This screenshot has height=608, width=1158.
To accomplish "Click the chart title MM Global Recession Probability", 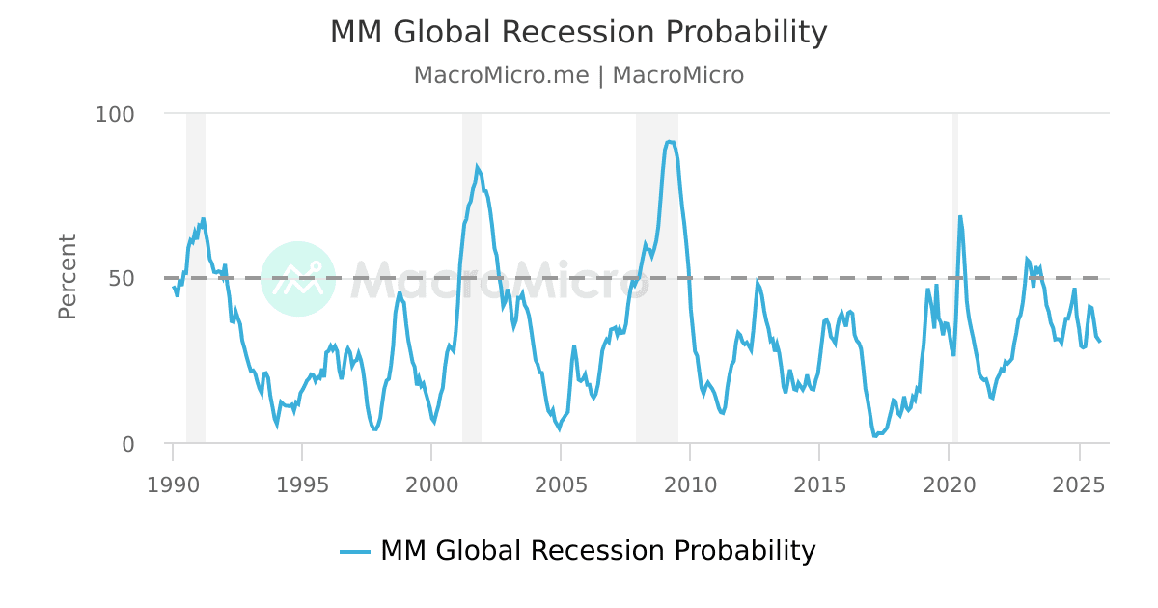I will point(578,33).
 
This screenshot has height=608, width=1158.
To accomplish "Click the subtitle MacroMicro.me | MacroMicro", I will point(578,75).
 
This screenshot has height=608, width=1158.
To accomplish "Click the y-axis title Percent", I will point(68,276).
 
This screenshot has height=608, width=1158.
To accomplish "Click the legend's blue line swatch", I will point(355,551).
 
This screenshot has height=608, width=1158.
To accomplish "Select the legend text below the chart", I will point(597,551).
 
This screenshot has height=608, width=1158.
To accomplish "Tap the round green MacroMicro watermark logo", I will point(298,278).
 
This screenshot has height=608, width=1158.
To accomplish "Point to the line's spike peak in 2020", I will point(960,216).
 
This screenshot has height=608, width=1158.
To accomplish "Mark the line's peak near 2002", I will point(477,167).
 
